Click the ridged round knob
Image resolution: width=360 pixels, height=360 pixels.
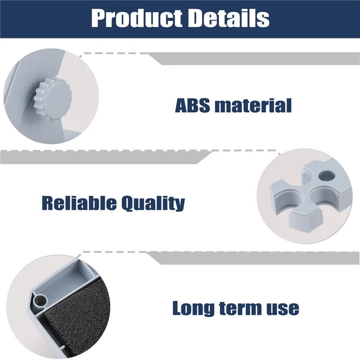pyautogui.click(x=53, y=95)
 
